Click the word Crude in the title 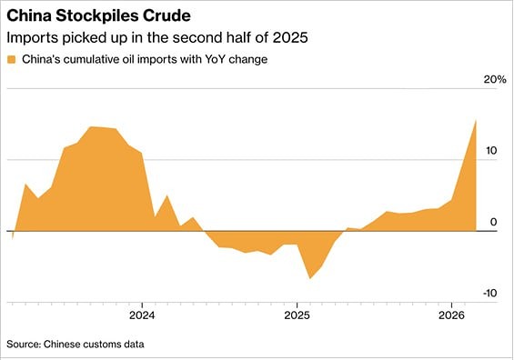pos(167,16)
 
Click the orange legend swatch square pos(12,60)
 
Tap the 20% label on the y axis pos(494,80)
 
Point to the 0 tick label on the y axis pos(492,222)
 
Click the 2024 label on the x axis pos(142,316)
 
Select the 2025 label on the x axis pos(297,316)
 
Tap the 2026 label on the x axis pos(452,316)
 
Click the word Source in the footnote pos(25,345)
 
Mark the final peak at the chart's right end pos(475,120)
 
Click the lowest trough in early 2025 pos(309,278)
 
